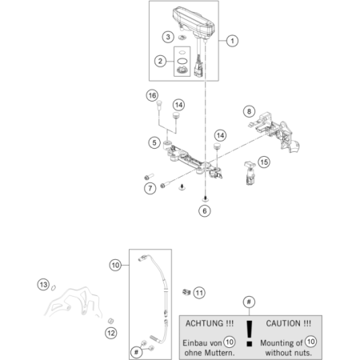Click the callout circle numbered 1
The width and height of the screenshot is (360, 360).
point(233,40)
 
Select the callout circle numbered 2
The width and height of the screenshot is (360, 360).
point(160,61)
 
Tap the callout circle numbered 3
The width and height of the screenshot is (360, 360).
point(167,36)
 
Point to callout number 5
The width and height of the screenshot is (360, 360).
point(153,142)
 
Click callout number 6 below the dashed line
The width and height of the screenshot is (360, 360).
point(205,210)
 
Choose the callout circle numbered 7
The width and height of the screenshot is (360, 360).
point(150,189)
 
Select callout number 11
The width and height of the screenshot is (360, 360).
point(200,292)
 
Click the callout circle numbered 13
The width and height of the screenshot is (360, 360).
point(43,284)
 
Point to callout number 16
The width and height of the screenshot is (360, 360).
point(150,96)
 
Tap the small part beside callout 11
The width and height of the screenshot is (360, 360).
point(185,292)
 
